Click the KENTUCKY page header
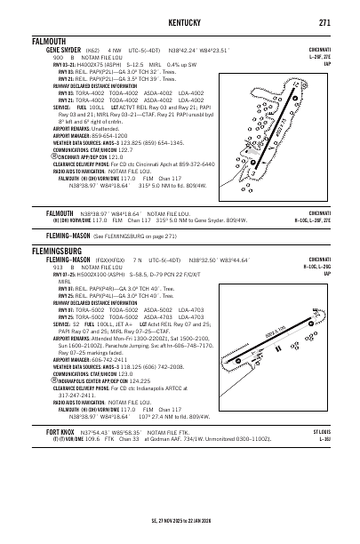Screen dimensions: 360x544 tap(179, 21)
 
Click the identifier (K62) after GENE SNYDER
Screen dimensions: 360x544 tap(82, 51)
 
